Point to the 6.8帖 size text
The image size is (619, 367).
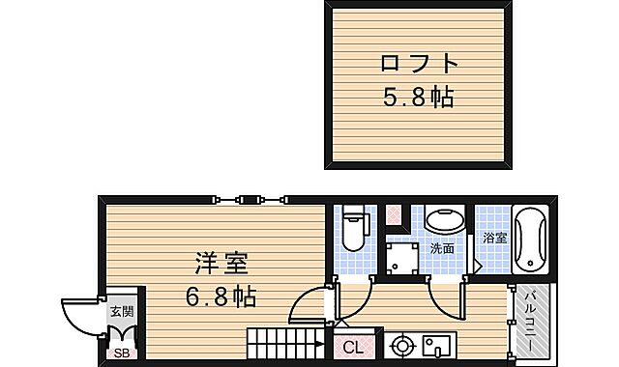coord(221,296)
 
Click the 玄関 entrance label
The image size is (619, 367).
coord(121,311)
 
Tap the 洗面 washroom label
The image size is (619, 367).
coord(442,248)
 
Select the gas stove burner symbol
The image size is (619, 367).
coord(400,345)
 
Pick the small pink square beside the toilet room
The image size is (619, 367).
coord(393,215)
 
